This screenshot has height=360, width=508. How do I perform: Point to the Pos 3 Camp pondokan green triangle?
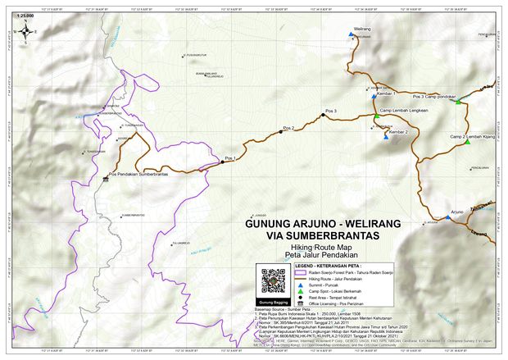click(x=459, y=101)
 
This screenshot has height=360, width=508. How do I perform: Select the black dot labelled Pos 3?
click(x=323, y=116)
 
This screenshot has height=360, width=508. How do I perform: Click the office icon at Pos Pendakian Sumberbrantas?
click(x=106, y=180)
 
